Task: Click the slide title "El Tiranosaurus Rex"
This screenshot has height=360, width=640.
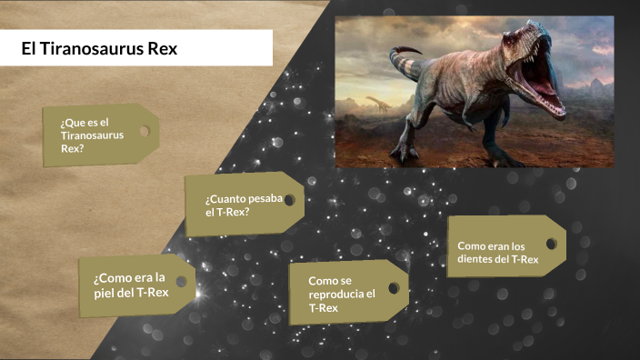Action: pos(100,48)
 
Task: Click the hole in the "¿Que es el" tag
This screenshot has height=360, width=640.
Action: pos(144,132)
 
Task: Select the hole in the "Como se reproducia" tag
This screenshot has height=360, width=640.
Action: pos(393,287)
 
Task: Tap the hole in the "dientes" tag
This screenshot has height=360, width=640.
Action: pos(550,243)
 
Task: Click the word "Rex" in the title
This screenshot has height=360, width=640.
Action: pos(161,48)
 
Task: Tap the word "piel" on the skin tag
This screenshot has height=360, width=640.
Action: pos(105,292)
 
